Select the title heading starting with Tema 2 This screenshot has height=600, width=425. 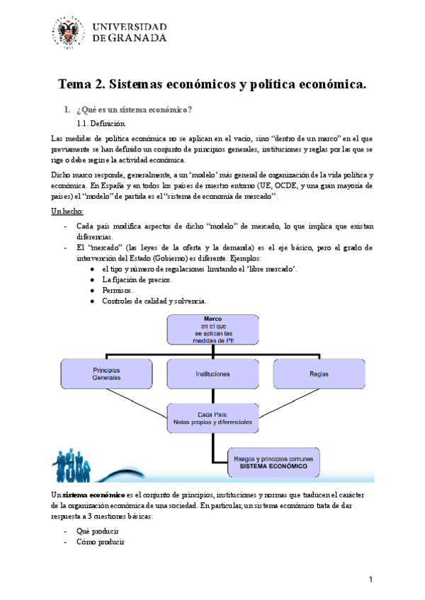click(212, 85)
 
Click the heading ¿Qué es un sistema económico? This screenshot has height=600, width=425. click(134, 110)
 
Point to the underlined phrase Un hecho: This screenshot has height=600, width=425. click(68, 212)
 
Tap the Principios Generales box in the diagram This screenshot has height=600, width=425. click(107, 374)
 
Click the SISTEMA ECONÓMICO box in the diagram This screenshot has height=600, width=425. click(273, 463)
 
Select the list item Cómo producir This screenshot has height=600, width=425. click(100, 542)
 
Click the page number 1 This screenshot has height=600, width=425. click(370, 581)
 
